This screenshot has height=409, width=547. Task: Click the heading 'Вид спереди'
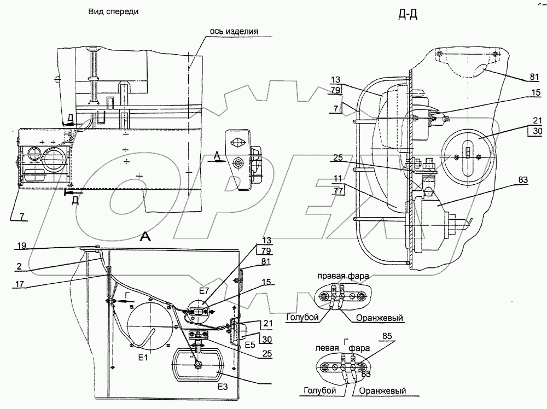[x=113, y=12]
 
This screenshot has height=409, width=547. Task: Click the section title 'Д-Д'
[x=408, y=15]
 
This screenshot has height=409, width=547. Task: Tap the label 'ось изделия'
[x=234, y=31]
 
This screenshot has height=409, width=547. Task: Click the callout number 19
[x=22, y=246]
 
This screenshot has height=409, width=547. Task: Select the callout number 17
[x=20, y=284]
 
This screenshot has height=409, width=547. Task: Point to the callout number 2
[x=19, y=266]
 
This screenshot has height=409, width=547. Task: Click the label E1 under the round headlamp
[x=143, y=358]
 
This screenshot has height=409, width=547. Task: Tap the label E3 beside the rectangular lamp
[x=223, y=387]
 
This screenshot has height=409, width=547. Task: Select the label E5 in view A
[x=250, y=345]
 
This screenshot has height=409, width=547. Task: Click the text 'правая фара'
[x=343, y=276]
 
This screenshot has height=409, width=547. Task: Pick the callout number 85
[x=387, y=336]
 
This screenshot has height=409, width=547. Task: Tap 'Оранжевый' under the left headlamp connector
[x=382, y=391]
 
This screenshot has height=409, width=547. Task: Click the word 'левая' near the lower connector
[x=327, y=348]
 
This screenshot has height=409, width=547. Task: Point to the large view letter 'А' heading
[x=145, y=237]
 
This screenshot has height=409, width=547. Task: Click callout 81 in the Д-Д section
[x=534, y=77]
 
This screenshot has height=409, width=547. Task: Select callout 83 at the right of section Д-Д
[x=523, y=180]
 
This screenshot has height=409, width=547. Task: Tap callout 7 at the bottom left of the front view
[x=22, y=217]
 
